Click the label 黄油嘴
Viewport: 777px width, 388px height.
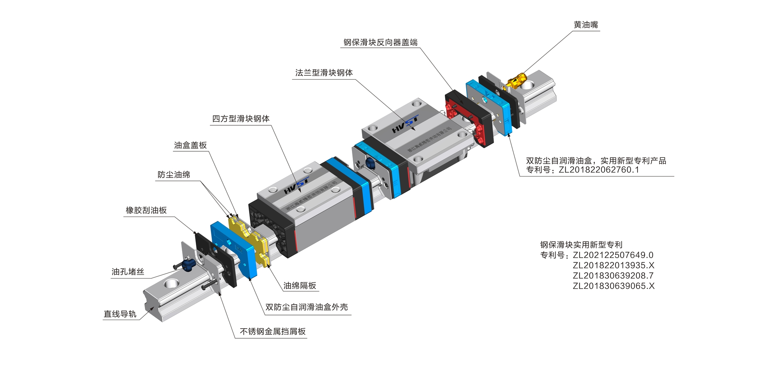click(585, 25)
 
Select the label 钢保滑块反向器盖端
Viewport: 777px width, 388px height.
click(380, 42)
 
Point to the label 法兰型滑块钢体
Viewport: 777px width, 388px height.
click(324, 73)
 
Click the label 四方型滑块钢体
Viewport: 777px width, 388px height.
click(240, 119)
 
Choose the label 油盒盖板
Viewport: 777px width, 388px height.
click(190, 145)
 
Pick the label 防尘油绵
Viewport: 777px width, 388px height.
click(174, 175)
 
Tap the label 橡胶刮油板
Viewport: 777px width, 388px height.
click(146, 210)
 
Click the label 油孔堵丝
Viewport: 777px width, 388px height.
click(128, 272)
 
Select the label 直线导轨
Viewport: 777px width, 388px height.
click(120, 314)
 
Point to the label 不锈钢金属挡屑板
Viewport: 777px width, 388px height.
click(273, 331)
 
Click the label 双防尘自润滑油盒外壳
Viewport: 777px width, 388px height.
click(307, 307)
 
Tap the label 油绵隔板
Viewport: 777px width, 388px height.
click(300, 286)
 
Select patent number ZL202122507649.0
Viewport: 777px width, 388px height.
click(613, 255)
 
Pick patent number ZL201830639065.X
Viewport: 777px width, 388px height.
click(613, 286)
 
